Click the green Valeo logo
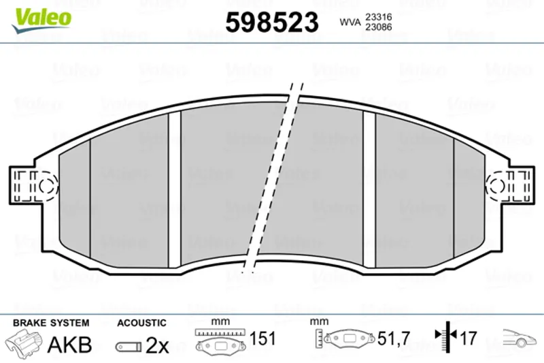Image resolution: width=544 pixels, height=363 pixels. tap(41, 20)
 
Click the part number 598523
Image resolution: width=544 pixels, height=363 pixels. tap(272, 22)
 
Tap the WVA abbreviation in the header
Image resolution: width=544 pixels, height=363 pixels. tap(350, 22)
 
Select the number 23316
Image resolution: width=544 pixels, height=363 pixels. tap(379, 16)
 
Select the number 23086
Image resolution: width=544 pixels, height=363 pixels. tap(379, 27)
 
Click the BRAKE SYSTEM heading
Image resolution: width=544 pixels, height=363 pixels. tap(51, 323)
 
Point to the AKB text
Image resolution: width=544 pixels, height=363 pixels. tap(70, 345)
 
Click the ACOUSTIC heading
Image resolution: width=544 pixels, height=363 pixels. tap(141, 323)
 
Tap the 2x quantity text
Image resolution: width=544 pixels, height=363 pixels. tap(157, 345)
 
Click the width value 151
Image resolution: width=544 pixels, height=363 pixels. tap(262, 338)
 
